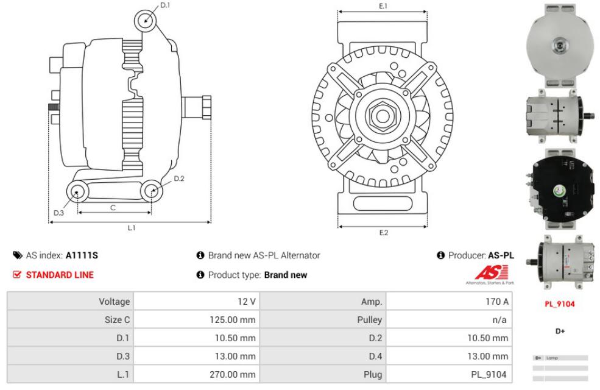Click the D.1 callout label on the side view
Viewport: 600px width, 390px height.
[x=166, y=5]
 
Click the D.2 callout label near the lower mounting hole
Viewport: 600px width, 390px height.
[x=179, y=179]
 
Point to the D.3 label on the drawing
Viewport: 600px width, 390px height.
[x=58, y=213]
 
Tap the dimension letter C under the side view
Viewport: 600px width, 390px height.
[x=113, y=208]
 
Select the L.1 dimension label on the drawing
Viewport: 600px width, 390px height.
[x=131, y=228]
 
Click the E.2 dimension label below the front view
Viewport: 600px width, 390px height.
[x=383, y=233]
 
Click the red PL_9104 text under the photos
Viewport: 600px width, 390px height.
[x=559, y=303]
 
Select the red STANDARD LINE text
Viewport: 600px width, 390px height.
[x=59, y=275]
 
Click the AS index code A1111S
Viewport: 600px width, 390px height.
[x=82, y=256]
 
